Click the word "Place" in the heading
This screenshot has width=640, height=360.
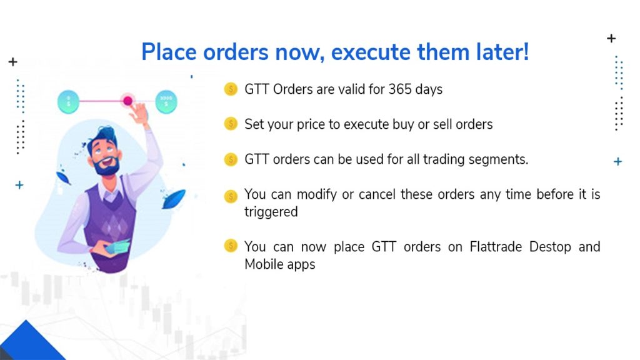(169, 52)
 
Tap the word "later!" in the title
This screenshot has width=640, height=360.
(502, 52)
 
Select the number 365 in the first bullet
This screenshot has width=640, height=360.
(399, 89)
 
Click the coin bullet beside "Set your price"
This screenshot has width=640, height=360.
(231, 124)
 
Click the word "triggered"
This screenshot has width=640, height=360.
(271, 212)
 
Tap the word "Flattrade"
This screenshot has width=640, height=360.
(496, 246)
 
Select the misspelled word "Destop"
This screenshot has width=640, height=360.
(550, 247)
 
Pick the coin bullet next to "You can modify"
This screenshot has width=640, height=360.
(231, 196)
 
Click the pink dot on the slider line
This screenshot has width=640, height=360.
(127, 101)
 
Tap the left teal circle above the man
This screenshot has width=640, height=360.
(68, 102)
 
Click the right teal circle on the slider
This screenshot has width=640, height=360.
(166, 102)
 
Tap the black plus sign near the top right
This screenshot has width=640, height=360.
(611, 38)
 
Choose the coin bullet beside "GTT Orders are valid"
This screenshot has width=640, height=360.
(231, 89)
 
